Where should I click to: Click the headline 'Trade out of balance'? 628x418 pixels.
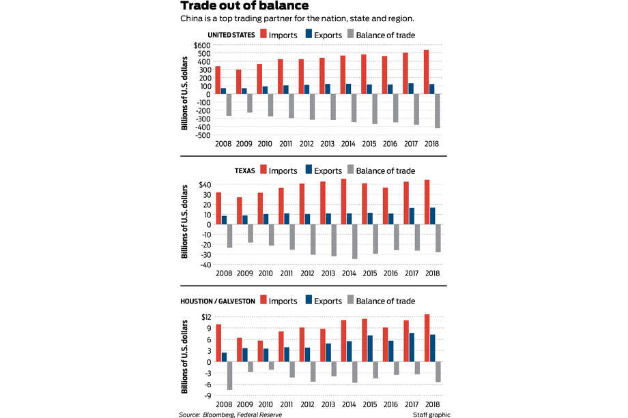click(244, 5)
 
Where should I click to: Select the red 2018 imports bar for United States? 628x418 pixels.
click(426, 72)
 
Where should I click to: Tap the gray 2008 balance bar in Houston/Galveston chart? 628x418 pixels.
click(229, 376)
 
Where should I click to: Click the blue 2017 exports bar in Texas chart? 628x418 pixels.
click(412, 216)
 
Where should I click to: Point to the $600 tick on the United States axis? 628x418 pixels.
click(202, 45)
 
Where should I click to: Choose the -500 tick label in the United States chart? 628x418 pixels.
click(203, 135)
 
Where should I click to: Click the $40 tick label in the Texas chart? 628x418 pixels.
click(205, 185)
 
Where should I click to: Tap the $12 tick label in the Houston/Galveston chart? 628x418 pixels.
click(206, 317)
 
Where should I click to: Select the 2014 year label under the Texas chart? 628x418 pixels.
click(349, 273)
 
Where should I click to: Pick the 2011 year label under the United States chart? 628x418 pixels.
click(285, 144)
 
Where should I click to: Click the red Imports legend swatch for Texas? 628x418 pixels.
click(263, 169)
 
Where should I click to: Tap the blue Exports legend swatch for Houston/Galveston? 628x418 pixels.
click(309, 299)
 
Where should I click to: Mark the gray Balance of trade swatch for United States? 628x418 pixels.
click(351, 33)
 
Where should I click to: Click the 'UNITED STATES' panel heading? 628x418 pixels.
click(231, 35)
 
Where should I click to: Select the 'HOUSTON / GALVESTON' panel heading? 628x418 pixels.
click(218, 301)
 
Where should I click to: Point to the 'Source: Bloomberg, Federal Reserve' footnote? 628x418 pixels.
click(230, 415)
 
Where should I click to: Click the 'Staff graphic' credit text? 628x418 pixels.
click(431, 415)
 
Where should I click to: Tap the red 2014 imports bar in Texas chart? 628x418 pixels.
click(343, 202)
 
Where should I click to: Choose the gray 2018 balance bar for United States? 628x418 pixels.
click(438, 111)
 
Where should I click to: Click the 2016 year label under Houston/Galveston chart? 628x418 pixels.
click(390, 404)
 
